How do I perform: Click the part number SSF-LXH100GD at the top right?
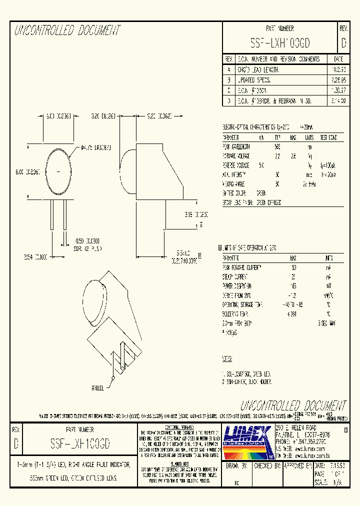pyautogui.click(x=279, y=44)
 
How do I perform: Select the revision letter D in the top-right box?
pyautogui.click(x=343, y=44)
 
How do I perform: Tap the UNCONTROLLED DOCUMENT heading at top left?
pyautogui.click(x=67, y=31)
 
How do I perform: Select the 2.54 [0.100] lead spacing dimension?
pyautogui.click(x=36, y=256)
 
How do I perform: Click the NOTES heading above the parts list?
pyautogui.click(x=227, y=359)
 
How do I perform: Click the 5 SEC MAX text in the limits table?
pyautogui.click(x=327, y=323)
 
